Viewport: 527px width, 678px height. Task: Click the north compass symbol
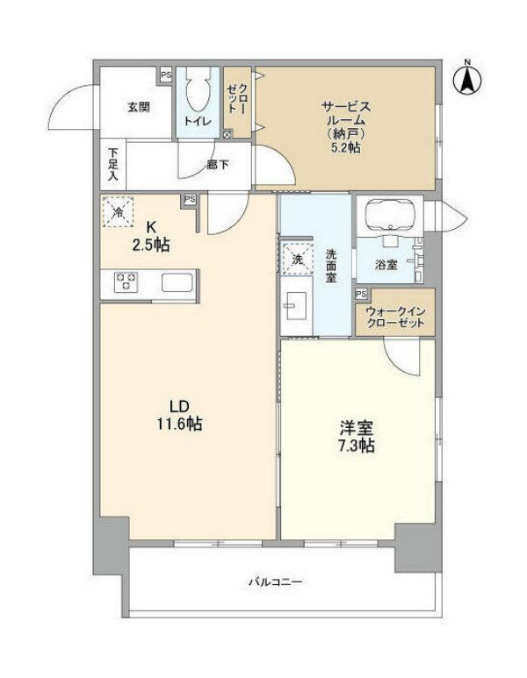pyautogui.click(x=467, y=78)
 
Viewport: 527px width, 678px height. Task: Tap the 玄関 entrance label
pyautogui.click(x=137, y=108)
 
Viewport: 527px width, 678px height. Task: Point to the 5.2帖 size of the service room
pyautogui.click(x=345, y=148)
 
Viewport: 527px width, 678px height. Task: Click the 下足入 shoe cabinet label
pyautogui.click(x=112, y=163)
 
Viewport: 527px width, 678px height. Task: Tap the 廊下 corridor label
pyautogui.click(x=220, y=164)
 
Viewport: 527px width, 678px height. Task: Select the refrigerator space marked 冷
pyautogui.click(x=118, y=211)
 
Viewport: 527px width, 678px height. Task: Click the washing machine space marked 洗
pyautogui.click(x=297, y=259)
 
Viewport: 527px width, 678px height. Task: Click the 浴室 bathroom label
pyautogui.click(x=386, y=265)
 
